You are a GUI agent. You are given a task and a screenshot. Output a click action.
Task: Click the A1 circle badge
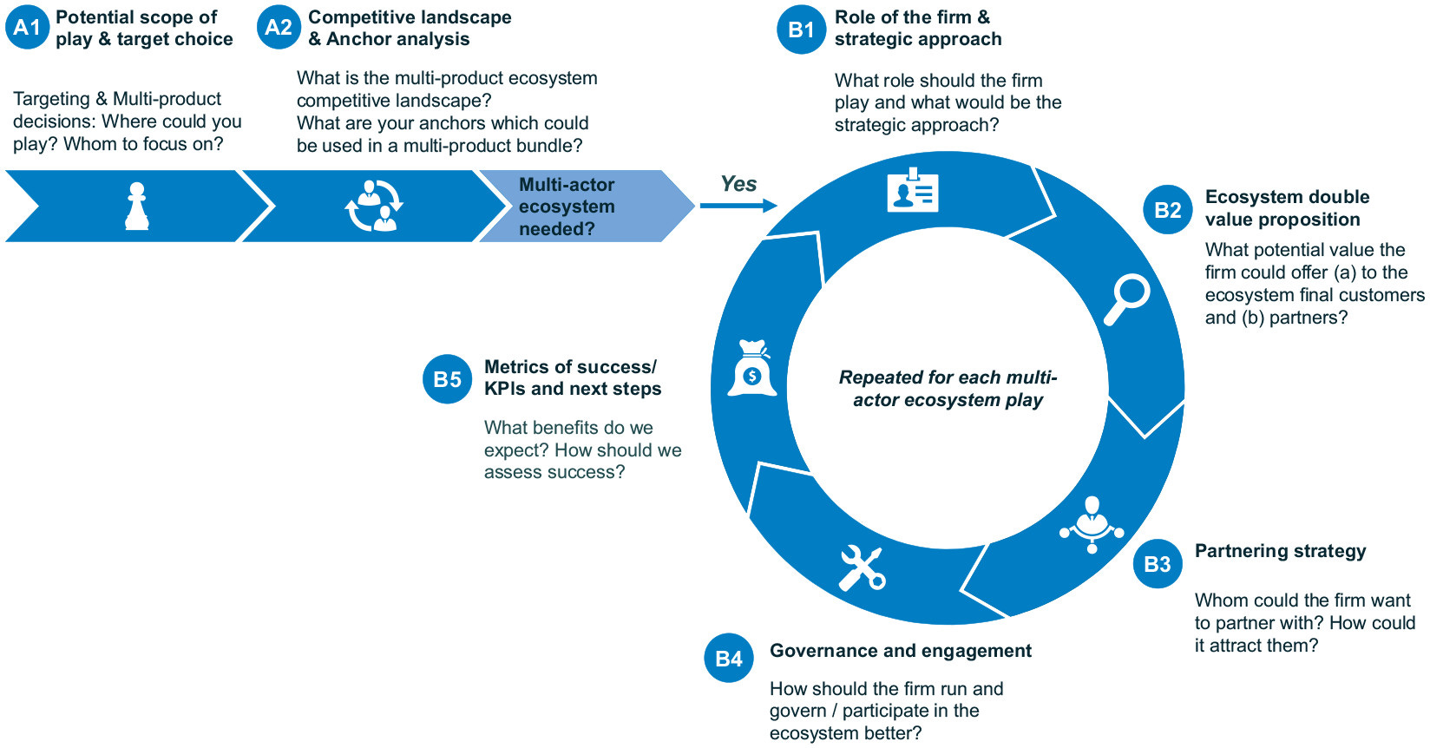coord(27,28)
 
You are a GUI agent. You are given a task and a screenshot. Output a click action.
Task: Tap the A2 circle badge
coord(279,28)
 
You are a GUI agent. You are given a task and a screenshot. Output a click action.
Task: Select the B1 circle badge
coord(801,30)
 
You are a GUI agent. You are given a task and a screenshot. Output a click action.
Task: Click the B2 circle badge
coord(1167,210)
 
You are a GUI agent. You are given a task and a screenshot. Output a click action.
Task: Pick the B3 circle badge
coord(1158,564)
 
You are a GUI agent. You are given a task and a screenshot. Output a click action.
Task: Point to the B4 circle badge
coord(729,659)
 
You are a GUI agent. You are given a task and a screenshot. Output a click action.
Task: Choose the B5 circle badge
coord(447,379)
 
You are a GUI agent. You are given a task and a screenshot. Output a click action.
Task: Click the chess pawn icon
coord(136,207)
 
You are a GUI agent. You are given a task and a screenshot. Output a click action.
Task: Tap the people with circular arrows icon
coord(375,207)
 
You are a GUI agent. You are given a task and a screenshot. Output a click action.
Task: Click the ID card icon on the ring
coord(913,190)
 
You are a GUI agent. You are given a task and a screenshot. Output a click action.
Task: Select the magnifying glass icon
coord(1126,299)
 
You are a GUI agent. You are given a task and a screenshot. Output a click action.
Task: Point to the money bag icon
coord(751,369)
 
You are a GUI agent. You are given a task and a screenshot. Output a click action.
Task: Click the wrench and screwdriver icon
coord(861,568)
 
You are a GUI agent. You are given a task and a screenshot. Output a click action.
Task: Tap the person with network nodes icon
coord(1092,523)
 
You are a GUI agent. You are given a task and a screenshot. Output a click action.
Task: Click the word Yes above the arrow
coord(738,184)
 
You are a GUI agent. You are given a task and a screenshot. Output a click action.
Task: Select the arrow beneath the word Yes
coord(738,206)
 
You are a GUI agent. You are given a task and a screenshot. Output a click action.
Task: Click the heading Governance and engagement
coord(900,651)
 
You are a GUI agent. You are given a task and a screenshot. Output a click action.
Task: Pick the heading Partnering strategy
coord(1280,551)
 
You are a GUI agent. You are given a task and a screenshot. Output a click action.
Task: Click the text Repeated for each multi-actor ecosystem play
coord(948,389)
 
